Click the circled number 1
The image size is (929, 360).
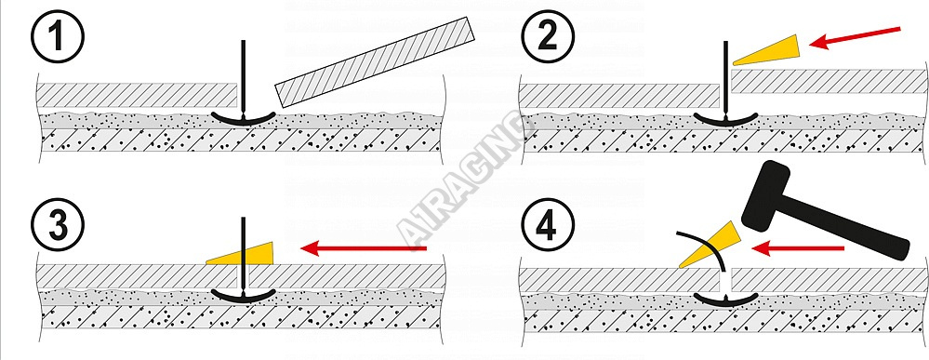[x=58, y=36]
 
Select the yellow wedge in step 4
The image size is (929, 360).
[x=709, y=245]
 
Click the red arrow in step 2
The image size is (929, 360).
[x=855, y=36]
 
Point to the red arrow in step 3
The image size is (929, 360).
[x=364, y=248]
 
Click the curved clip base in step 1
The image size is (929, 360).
[x=244, y=119]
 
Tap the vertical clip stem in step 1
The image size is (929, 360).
[x=243, y=78]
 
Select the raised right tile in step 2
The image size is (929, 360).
[x=828, y=81]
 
